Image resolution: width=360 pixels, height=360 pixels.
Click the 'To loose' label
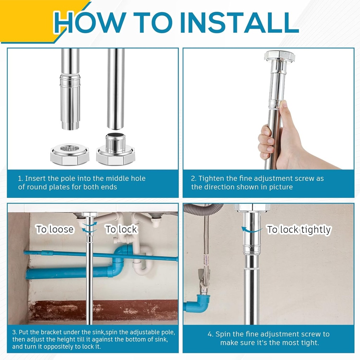pyautogui.click(x=55, y=230)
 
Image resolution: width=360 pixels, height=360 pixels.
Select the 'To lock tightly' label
pyautogui.click(x=299, y=230)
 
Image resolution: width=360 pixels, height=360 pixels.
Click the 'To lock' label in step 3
pyautogui.click(x=122, y=230)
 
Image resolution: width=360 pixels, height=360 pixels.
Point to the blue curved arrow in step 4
pyautogui.click(x=251, y=230)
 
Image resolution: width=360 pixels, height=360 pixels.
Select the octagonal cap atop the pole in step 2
pyautogui.click(x=279, y=56)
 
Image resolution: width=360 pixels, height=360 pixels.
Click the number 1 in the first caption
pyautogui.click(x=20, y=179)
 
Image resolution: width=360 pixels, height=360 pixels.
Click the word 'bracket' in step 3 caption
pyautogui.click(x=46, y=332)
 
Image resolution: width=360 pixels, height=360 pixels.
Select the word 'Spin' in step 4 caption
pyautogui.click(x=223, y=334)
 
